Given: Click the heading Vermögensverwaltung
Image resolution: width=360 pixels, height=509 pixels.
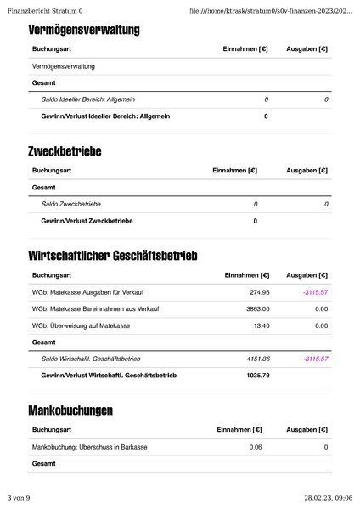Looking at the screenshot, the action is [x=84, y=31].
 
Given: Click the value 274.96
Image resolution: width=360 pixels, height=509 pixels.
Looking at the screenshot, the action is [x=258, y=291].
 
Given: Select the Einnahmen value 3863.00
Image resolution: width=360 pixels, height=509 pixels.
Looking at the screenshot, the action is [x=257, y=308].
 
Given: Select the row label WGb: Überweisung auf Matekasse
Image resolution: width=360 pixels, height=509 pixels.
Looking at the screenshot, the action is [x=81, y=325].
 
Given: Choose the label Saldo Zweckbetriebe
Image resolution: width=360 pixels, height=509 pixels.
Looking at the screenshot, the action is [x=71, y=204].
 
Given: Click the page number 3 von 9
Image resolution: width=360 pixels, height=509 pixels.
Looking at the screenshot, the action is [x=19, y=498].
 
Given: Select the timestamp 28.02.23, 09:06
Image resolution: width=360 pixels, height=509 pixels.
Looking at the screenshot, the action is [x=329, y=498].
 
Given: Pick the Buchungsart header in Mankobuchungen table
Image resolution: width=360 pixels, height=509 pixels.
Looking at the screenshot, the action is [x=51, y=430].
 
